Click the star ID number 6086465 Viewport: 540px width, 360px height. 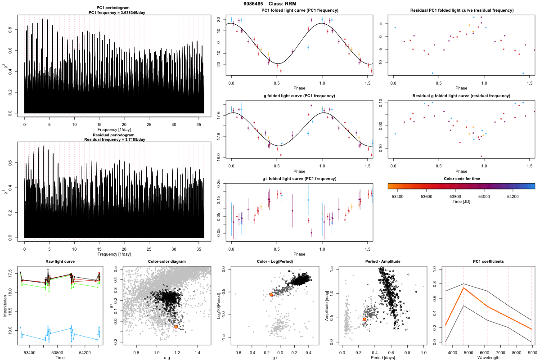[x=253, y=4]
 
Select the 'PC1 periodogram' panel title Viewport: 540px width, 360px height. [x=115, y=10]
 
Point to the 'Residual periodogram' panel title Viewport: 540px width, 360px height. [x=115, y=135]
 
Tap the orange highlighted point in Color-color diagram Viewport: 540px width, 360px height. [x=176, y=327]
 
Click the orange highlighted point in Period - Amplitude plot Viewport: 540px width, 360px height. [x=364, y=319]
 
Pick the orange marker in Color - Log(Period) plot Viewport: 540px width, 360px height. [x=271, y=295]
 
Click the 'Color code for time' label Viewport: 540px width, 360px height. [x=461, y=179]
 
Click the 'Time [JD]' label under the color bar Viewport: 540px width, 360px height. [x=461, y=202]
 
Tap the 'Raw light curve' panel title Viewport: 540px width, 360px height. [x=60, y=262]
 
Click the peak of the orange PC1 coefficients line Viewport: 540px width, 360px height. [x=463, y=288]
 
